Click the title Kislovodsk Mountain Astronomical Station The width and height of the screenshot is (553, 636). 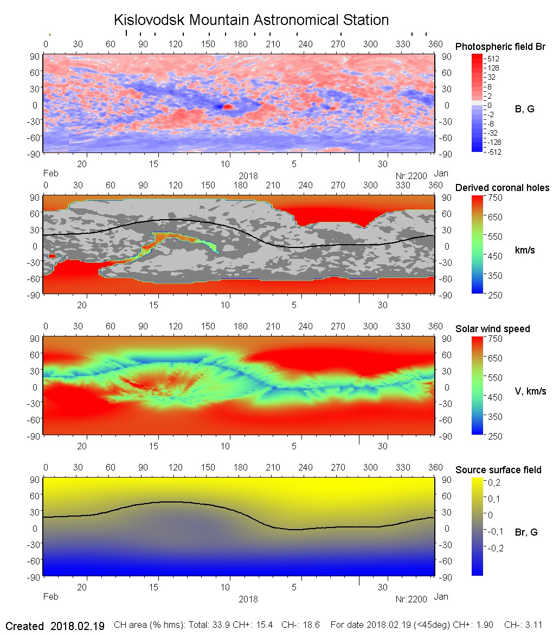[x=251, y=20]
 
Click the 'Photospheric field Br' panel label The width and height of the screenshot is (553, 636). [x=500, y=47]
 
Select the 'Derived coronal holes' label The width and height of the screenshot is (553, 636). [x=502, y=188]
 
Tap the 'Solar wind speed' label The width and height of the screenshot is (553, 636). [x=492, y=329]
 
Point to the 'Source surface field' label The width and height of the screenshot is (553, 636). [x=498, y=470]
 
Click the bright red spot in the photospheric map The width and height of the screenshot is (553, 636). [x=228, y=107]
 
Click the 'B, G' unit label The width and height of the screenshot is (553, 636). [x=524, y=109]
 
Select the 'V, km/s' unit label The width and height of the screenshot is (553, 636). [x=530, y=391]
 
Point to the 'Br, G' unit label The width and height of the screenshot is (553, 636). [x=526, y=532]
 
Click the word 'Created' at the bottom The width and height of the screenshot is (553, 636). [x=24, y=626]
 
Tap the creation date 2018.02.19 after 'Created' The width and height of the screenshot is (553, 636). [x=78, y=626]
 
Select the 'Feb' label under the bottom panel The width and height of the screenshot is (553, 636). [x=50, y=597]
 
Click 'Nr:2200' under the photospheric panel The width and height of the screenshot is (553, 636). [x=411, y=175]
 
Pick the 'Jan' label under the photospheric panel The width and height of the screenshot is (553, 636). [x=441, y=174]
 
